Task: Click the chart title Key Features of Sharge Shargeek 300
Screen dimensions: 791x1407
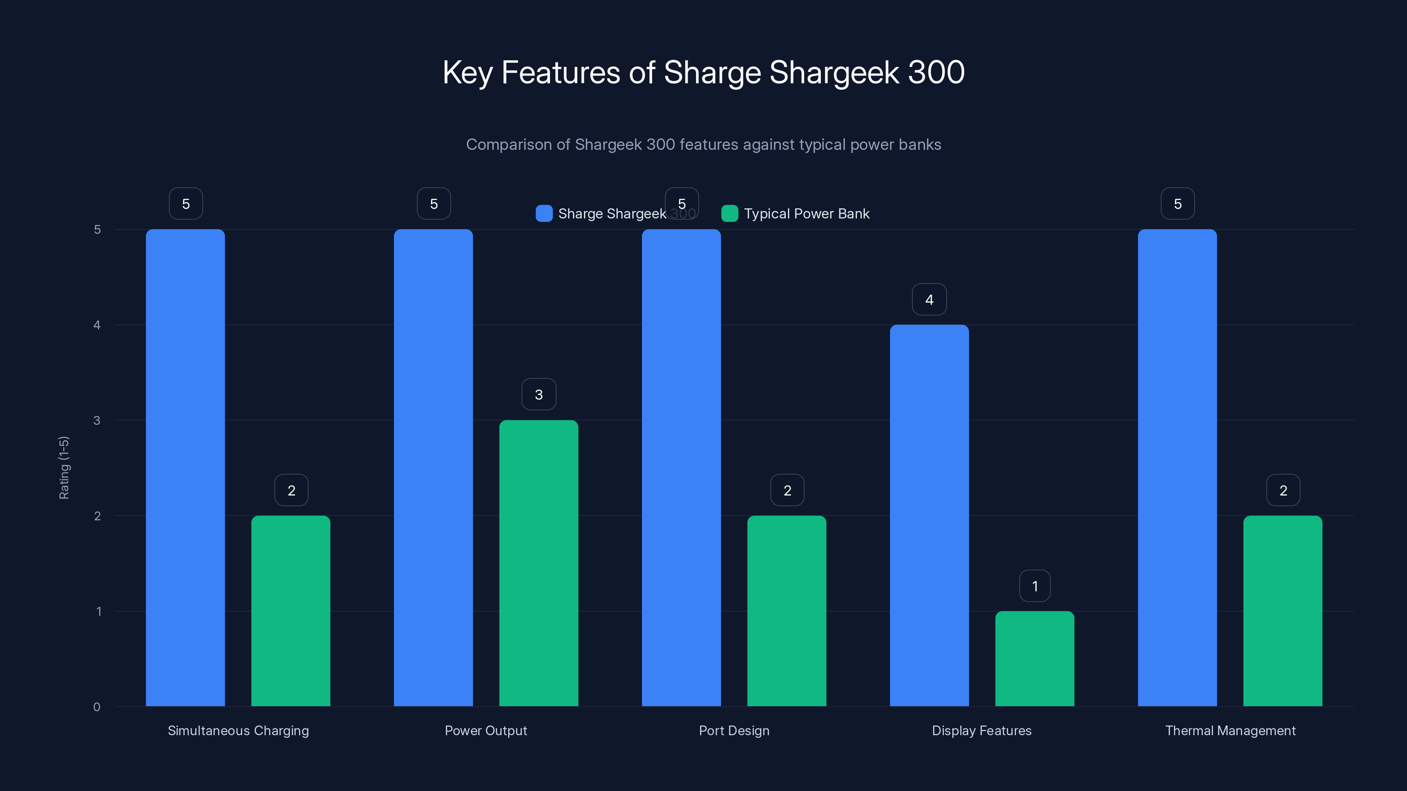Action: click(x=703, y=73)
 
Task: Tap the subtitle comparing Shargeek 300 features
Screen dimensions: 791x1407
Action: click(x=703, y=145)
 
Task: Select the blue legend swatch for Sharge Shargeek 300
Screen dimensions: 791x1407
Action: click(x=544, y=214)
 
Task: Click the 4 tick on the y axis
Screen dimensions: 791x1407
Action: click(x=97, y=325)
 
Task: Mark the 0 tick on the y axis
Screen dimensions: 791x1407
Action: click(x=97, y=707)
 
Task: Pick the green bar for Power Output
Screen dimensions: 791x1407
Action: click(x=539, y=563)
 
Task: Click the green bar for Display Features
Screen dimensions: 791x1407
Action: click(x=1035, y=658)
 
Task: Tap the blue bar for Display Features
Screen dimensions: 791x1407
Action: click(x=929, y=515)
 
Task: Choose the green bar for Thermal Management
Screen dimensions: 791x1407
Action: click(x=1283, y=611)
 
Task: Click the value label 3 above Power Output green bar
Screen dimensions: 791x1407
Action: click(x=539, y=395)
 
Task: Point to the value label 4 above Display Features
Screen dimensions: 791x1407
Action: click(x=929, y=300)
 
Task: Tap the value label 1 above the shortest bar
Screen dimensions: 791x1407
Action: click(x=1035, y=586)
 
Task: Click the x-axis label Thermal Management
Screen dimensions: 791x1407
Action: click(x=1230, y=730)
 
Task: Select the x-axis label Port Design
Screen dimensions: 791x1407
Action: click(x=734, y=730)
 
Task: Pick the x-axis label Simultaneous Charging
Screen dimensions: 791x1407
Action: click(x=238, y=730)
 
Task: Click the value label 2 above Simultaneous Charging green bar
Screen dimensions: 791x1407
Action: click(x=291, y=490)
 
